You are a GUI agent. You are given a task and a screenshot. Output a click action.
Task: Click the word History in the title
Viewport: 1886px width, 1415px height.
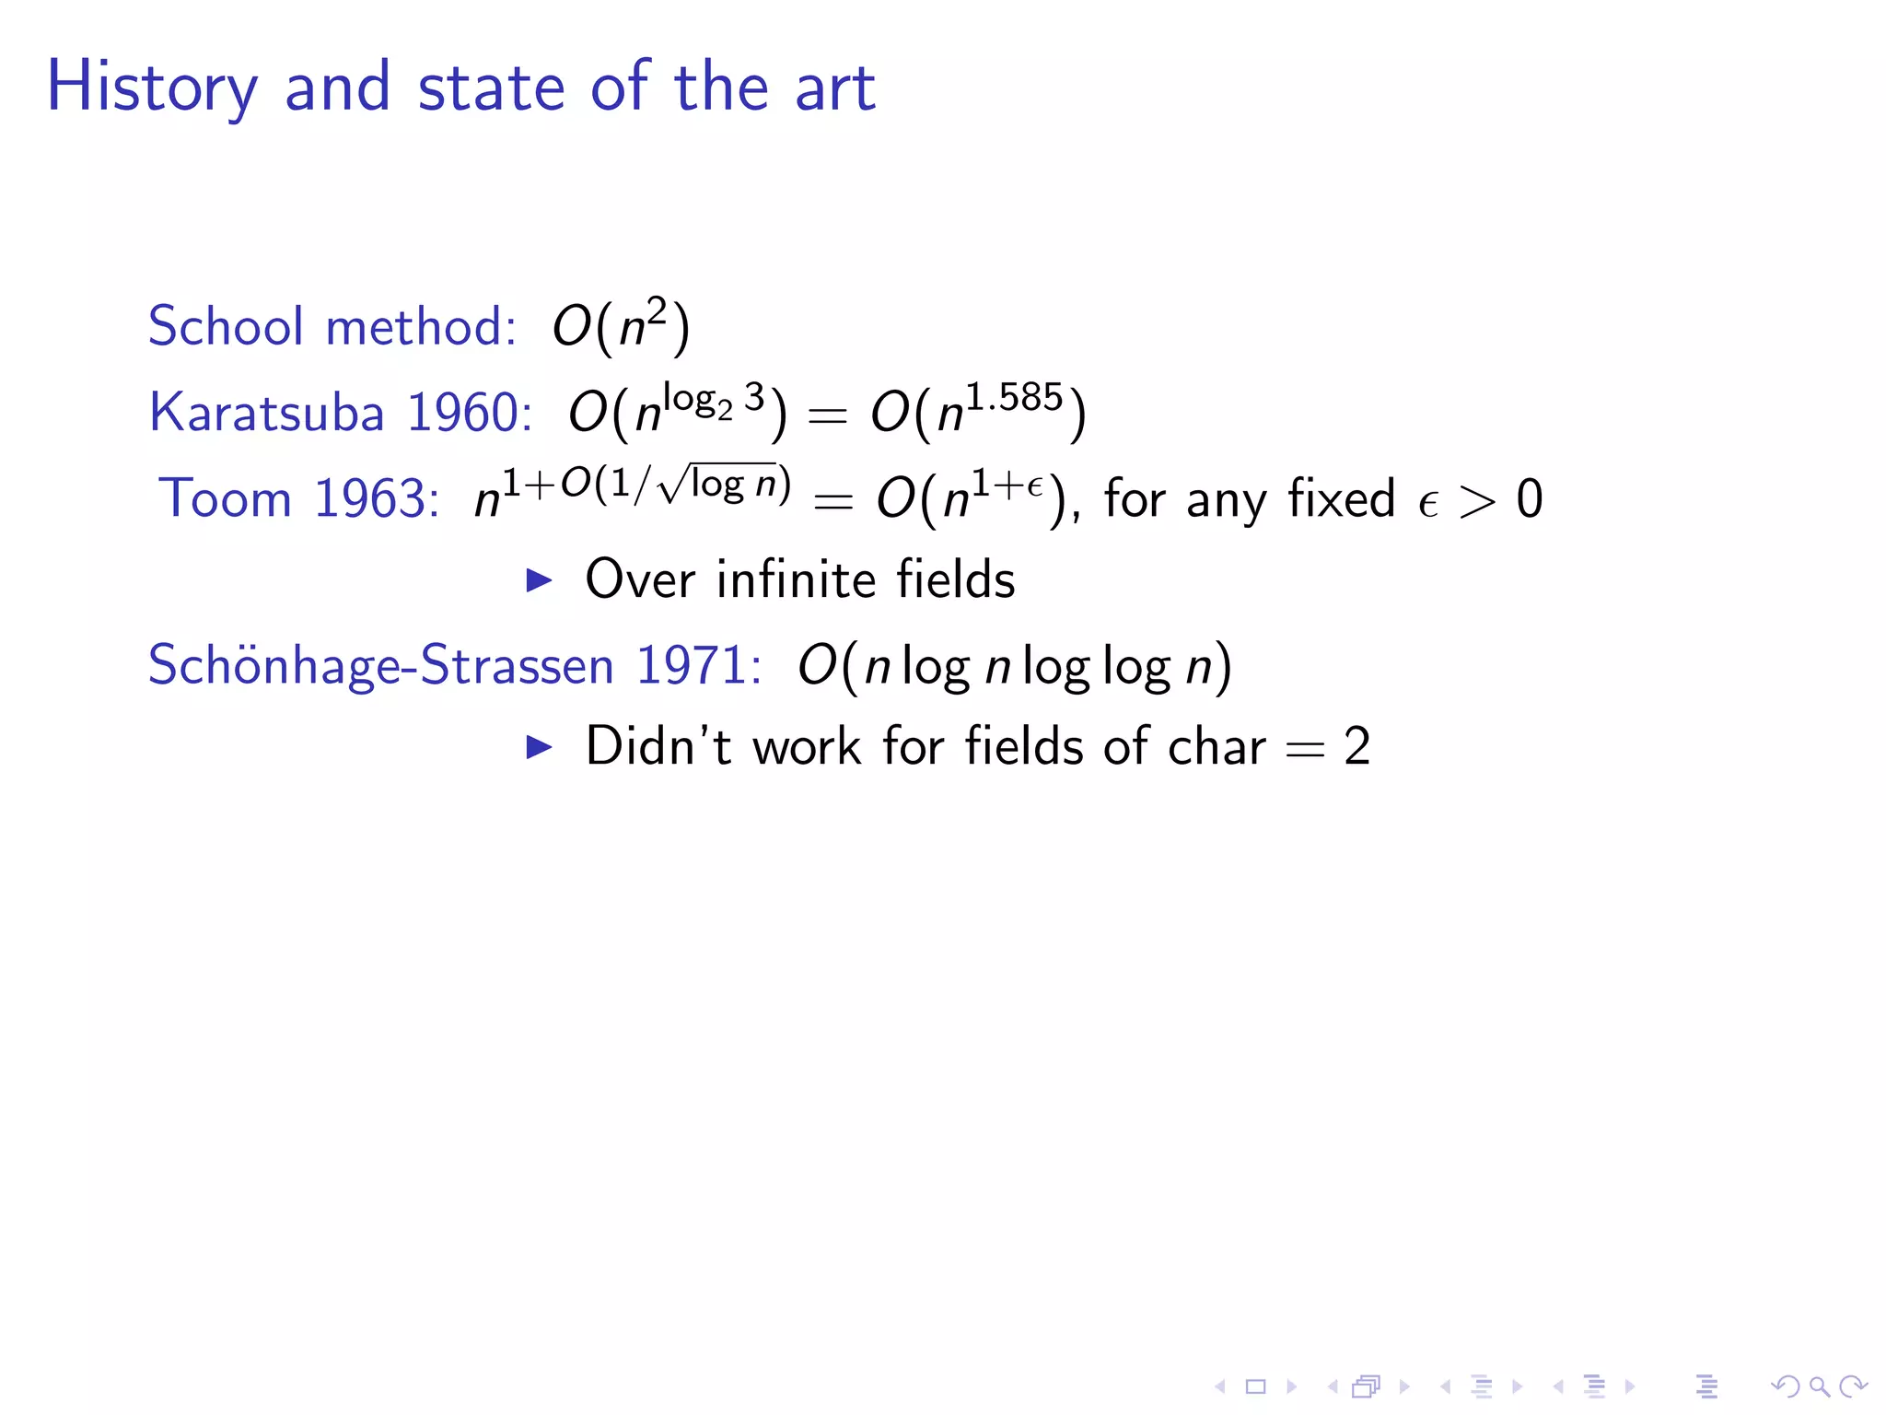152,88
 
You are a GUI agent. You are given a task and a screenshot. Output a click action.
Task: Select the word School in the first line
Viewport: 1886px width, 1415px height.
226,326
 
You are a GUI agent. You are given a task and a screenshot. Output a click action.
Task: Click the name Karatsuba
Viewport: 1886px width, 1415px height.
266,412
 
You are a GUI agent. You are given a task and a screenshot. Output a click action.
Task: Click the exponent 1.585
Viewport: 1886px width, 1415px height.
1014,397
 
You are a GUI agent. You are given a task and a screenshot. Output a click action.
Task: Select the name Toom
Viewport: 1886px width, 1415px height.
225,498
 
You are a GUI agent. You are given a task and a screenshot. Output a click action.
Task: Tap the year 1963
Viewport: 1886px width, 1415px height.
376,498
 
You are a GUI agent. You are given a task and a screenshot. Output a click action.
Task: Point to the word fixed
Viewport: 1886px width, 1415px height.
1341,498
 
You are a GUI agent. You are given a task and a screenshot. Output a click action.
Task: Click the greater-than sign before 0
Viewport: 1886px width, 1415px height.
1477,502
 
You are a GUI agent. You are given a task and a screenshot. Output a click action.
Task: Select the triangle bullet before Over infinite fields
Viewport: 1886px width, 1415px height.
539,579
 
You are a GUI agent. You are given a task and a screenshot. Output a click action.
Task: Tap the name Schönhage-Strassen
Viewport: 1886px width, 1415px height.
380,665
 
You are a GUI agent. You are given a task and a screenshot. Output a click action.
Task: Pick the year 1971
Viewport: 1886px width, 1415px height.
698,665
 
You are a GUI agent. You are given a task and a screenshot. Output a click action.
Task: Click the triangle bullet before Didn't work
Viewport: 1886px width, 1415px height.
539,746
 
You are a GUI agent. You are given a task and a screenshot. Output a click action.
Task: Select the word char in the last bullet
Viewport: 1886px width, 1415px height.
1216,746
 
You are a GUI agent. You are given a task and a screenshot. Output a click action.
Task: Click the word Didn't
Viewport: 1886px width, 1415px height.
658,746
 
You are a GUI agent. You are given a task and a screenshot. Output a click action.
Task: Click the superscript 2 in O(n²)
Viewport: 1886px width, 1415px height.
656,311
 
